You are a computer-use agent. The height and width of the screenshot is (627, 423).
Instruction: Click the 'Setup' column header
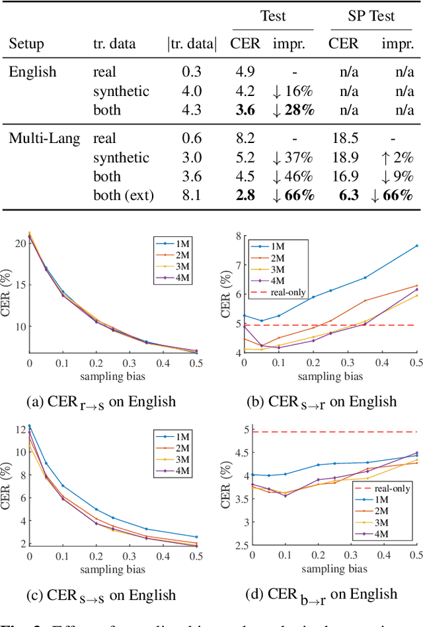point(27,44)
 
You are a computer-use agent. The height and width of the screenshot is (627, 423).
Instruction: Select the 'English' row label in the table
point(32,72)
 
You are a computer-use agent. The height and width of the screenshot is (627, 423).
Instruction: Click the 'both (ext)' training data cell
point(123,195)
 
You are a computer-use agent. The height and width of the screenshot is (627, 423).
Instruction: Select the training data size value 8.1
point(191,195)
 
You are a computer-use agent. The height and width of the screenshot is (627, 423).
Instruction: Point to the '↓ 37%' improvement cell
point(292,158)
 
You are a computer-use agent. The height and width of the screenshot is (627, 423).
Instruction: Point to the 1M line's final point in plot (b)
point(416,245)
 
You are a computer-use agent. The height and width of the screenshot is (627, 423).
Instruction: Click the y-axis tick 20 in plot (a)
point(19,243)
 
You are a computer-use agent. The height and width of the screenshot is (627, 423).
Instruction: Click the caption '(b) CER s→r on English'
point(322,401)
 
